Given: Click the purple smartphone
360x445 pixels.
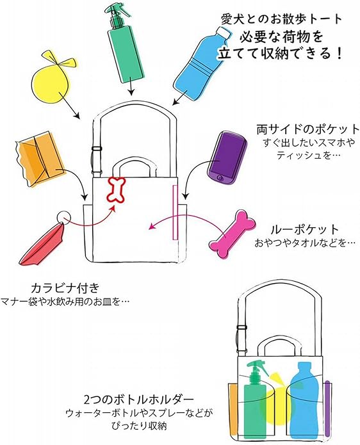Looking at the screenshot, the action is (x=227, y=158).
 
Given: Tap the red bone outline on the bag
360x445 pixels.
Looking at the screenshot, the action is (x=116, y=190).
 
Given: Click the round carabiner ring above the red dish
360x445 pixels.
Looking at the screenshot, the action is (x=63, y=218).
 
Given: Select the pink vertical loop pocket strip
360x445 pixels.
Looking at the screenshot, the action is (x=175, y=212).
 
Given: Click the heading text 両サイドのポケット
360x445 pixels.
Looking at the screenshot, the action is (x=308, y=129).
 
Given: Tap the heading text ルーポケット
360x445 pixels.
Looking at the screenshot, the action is (x=305, y=230).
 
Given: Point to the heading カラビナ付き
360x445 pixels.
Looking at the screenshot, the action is (x=65, y=288).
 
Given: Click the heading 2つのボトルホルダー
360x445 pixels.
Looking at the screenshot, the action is (x=139, y=400).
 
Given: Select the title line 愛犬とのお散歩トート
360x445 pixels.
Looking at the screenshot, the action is (x=282, y=19).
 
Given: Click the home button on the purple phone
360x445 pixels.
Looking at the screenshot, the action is (x=220, y=177).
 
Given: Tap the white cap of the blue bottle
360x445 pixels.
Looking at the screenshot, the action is (x=224, y=33).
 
